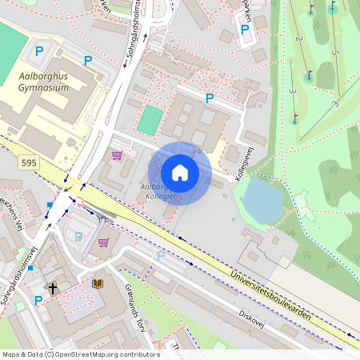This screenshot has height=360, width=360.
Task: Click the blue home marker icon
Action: pyautogui.click(x=180, y=173)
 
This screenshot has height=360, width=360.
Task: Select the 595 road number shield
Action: pyautogui.click(x=29, y=162)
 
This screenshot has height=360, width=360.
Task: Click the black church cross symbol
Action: pyautogui.click(x=53, y=287)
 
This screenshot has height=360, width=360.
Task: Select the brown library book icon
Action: pyautogui.click(x=98, y=283)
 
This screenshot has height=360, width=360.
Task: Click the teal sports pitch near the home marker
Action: pyautogui.click(x=149, y=120)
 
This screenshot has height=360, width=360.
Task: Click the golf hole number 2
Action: pyautogui.click(x=298, y=39)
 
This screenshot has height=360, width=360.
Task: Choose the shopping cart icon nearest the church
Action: pyautogui.click(x=103, y=241)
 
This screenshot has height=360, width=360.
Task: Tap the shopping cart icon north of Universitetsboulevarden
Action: pyautogui.click(x=117, y=154)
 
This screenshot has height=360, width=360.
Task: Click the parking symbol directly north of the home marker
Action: pyautogui.click(x=210, y=98)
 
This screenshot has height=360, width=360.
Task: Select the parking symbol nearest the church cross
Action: pyautogui.click(x=38, y=300)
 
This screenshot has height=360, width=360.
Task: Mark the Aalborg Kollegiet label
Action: pyautogui.click(x=157, y=191)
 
